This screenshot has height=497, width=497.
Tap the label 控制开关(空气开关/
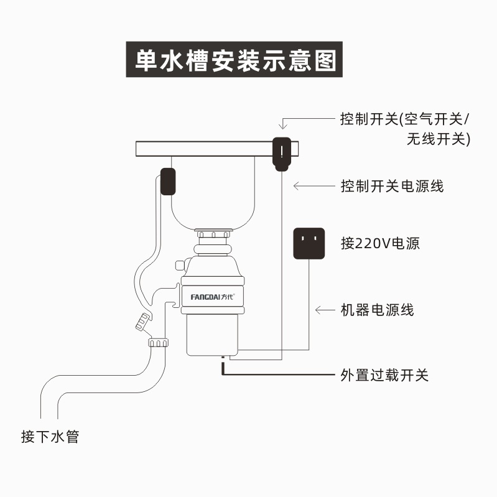click(406, 119)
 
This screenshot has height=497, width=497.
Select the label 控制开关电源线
click(392, 185)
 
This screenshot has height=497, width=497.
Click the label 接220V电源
click(380, 243)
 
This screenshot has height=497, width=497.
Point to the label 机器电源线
click(377, 310)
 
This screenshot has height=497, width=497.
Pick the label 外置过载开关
click(384, 375)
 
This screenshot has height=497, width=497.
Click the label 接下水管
click(50, 437)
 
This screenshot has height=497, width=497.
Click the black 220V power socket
click(309, 242)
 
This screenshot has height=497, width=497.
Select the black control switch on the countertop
click(282, 152)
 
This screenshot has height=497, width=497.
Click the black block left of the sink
click(167, 182)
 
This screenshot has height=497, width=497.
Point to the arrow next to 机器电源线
click(325, 310)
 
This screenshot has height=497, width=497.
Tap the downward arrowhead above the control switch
click(282, 125)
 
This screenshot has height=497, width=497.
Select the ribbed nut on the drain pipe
click(159, 343)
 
